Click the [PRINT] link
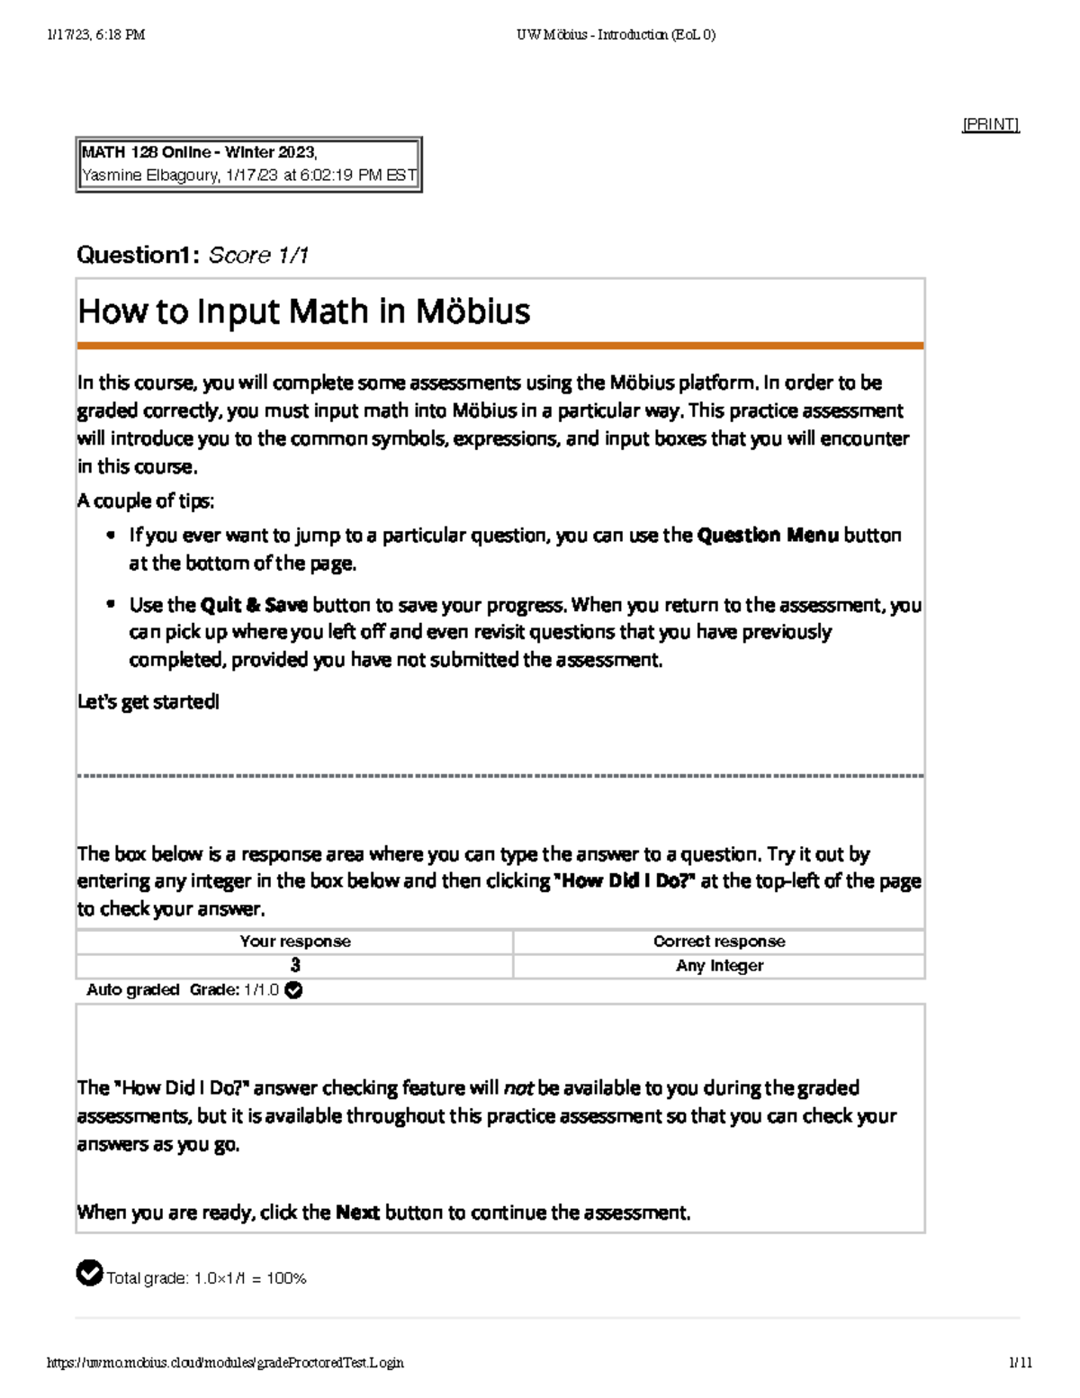click(x=990, y=124)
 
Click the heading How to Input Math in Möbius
click(x=304, y=311)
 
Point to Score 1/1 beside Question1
click(x=258, y=256)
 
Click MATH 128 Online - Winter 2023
click(x=198, y=152)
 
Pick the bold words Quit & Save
click(x=254, y=605)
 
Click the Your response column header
click(x=295, y=942)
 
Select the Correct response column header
click(x=719, y=942)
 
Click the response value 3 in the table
click(x=295, y=966)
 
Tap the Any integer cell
click(x=719, y=966)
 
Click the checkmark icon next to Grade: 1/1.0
click(x=293, y=990)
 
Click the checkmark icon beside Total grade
click(x=89, y=1274)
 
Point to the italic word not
click(x=517, y=1088)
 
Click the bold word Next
click(x=357, y=1213)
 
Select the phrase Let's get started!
click(x=148, y=702)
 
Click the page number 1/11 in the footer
click(x=1021, y=1363)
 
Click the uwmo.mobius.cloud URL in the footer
click(x=225, y=1363)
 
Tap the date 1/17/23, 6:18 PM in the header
click(x=95, y=35)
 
